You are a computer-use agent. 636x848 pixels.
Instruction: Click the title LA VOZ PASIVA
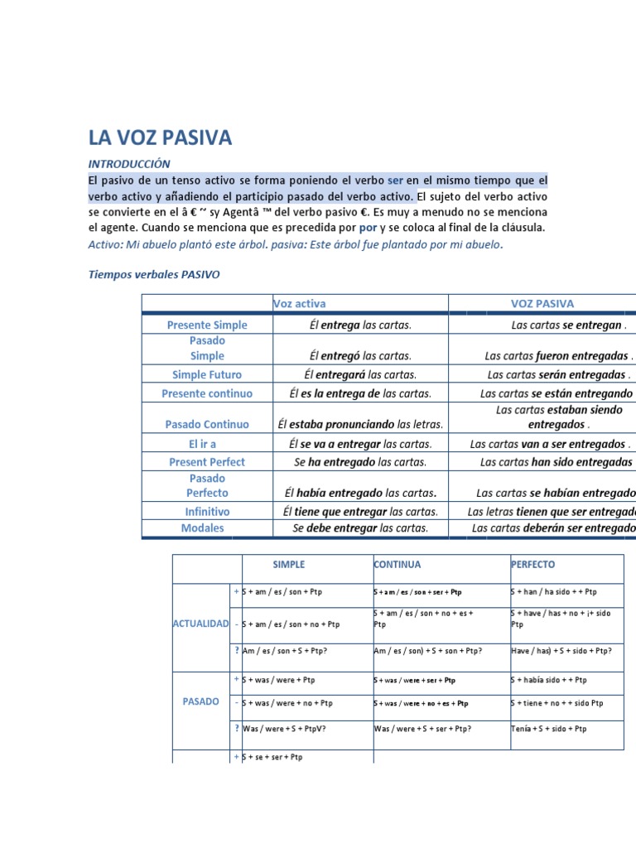point(160,137)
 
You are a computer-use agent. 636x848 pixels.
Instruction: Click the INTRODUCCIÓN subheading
point(129,164)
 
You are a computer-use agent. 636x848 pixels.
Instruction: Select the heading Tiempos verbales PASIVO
point(154,273)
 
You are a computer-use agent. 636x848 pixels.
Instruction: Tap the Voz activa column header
point(300,304)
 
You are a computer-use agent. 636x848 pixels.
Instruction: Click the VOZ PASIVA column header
point(542,304)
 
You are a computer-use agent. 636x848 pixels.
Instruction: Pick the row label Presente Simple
point(207,325)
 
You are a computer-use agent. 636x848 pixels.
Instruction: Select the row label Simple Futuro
point(207,375)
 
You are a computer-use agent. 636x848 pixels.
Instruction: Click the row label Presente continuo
point(207,393)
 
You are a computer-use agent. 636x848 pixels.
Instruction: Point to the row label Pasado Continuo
point(207,424)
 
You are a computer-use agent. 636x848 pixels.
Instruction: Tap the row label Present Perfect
point(207,461)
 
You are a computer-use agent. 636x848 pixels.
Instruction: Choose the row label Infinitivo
point(207,512)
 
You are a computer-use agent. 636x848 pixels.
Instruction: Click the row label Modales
point(203,528)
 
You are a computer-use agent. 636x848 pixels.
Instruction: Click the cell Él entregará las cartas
point(359,375)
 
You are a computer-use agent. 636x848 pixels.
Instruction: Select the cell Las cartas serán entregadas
point(560,375)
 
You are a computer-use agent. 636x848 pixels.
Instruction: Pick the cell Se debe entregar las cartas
point(360,528)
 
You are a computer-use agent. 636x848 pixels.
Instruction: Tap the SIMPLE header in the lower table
point(289,565)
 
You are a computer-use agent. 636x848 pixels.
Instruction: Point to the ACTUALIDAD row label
point(200,623)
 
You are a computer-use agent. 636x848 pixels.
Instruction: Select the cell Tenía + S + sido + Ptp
point(549,729)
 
